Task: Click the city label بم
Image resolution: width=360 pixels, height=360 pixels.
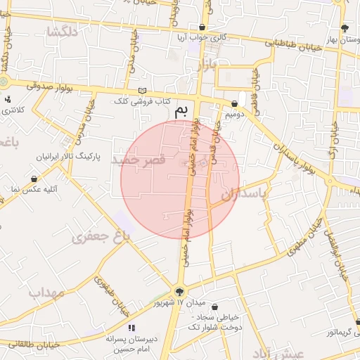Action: point(182,110)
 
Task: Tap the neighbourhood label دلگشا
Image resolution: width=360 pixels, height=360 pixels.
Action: point(61,31)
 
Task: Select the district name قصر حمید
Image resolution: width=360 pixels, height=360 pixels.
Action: point(138,160)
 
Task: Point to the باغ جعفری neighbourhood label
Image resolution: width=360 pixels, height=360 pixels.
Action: point(101,237)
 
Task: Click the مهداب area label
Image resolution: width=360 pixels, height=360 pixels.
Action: point(46,290)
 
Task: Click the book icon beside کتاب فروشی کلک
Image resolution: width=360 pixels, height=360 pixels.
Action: point(143,91)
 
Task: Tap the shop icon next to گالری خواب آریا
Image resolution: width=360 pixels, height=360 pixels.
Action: point(202,27)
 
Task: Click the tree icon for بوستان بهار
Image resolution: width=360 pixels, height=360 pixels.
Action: point(344,28)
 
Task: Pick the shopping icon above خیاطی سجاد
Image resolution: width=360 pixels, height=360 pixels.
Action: point(214,307)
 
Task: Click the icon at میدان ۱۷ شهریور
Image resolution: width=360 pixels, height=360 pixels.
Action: point(181,291)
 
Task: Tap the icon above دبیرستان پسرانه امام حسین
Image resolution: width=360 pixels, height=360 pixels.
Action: point(130,328)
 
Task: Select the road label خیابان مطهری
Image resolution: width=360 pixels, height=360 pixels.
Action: point(304,235)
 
